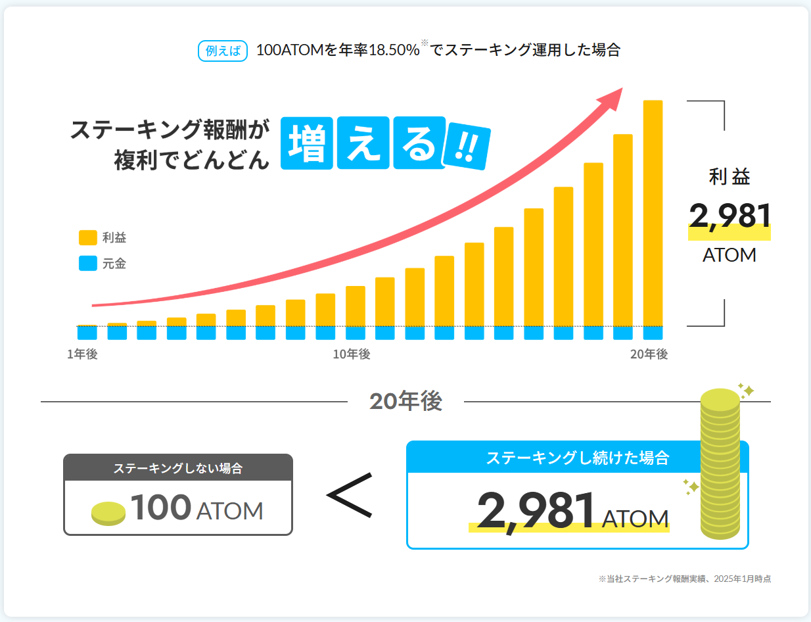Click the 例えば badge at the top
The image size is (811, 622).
[222, 51]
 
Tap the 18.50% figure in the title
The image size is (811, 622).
[393, 51]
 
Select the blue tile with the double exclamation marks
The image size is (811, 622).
[467, 146]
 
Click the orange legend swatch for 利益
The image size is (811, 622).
[87, 237]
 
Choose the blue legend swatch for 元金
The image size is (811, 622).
[87, 264]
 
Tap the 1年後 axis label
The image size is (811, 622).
[82, 354]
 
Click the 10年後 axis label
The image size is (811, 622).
[351, 354]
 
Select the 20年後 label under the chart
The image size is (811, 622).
[649, 354]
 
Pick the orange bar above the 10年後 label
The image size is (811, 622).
[356, 306]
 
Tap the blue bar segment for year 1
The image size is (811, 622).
[87, 333]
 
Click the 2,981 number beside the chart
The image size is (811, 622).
[730, 217]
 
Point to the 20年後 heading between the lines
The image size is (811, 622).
[405, 402]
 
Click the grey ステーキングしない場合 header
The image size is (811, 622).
[178, 468]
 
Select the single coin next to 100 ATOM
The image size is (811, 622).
[108, 513]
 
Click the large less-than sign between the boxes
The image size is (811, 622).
[350, 494]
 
